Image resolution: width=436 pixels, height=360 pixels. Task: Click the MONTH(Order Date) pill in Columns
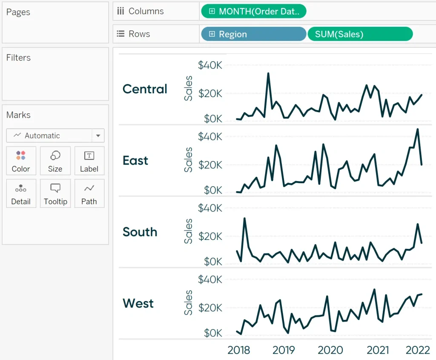253,12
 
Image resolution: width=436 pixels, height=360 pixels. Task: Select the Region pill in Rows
253,34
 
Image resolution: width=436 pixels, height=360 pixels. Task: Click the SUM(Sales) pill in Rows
360,34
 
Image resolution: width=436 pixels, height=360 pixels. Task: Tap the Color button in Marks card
21,161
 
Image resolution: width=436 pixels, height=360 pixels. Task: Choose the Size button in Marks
55,161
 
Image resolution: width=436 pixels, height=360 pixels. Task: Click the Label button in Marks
89,161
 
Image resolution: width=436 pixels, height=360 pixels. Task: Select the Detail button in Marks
21,193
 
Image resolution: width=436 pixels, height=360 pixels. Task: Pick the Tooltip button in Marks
55,193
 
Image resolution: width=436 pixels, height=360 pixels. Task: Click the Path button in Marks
89,193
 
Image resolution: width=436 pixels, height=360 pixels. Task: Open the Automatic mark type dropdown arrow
98,136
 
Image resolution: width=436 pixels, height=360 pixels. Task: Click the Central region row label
145,89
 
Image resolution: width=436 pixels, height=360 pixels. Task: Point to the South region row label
140,232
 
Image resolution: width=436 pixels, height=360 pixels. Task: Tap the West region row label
138,304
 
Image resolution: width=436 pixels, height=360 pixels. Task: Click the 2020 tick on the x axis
330,350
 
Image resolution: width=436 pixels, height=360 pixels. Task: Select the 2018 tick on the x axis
239,350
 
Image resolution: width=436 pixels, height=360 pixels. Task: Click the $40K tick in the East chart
210,137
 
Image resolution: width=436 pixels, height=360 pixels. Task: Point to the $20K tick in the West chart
210,308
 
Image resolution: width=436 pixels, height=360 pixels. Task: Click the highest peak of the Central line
268,73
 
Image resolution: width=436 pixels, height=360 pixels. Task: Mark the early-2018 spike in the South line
244,219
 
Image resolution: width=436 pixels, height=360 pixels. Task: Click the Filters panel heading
18,58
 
